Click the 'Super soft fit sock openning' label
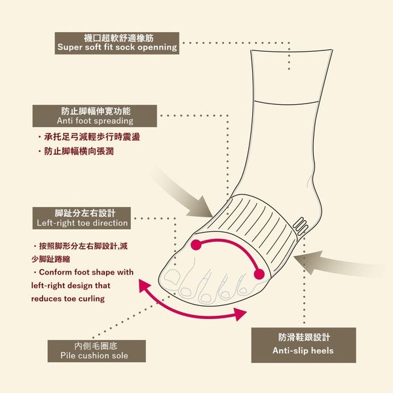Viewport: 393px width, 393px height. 117,43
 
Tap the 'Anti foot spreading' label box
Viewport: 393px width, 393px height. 95,116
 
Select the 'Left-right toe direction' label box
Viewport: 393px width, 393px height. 82,218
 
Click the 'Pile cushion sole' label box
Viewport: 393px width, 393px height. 96,351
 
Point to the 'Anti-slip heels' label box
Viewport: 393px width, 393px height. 303,345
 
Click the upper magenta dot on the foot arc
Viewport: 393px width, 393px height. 196,245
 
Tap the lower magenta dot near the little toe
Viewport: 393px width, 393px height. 259,274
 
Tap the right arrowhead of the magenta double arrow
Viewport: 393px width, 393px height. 240,314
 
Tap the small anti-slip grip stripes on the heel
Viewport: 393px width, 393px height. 300,226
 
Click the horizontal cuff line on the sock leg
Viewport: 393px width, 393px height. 286,103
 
